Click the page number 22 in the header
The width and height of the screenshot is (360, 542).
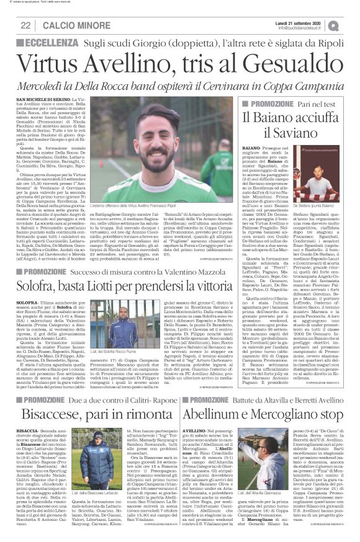(x=26, y=24)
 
